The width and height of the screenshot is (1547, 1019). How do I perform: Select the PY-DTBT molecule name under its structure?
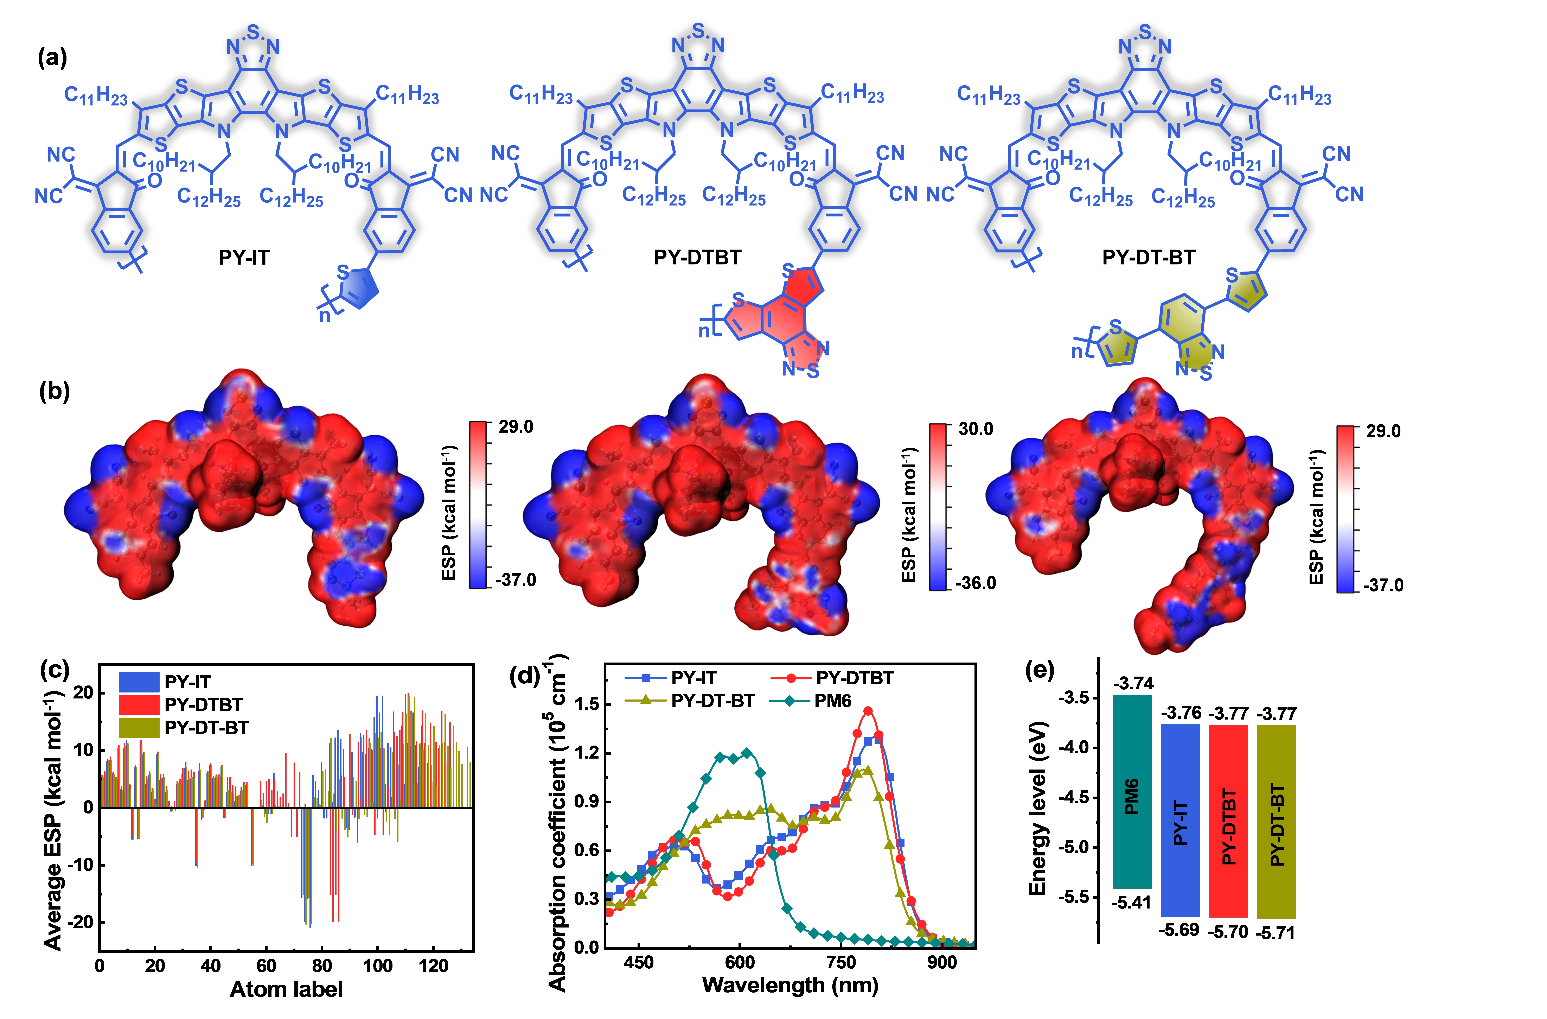tap(697, 258)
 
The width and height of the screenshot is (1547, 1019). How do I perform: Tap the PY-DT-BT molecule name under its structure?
tap(1149, 258)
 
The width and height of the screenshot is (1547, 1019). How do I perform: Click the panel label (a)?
tap(52, 58)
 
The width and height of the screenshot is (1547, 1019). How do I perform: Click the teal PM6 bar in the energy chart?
tap(1132, 791)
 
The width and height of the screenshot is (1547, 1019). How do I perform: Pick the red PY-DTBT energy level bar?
tap(1228, 821)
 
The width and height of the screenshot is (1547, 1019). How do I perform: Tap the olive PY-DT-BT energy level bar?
tap(1277, 821)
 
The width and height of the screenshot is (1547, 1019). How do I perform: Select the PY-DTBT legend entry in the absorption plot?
tap(854, 678)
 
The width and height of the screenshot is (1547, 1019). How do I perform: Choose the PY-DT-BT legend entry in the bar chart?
tap(206, 728)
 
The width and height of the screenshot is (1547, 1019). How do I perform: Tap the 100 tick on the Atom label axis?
tap(378, 966)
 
